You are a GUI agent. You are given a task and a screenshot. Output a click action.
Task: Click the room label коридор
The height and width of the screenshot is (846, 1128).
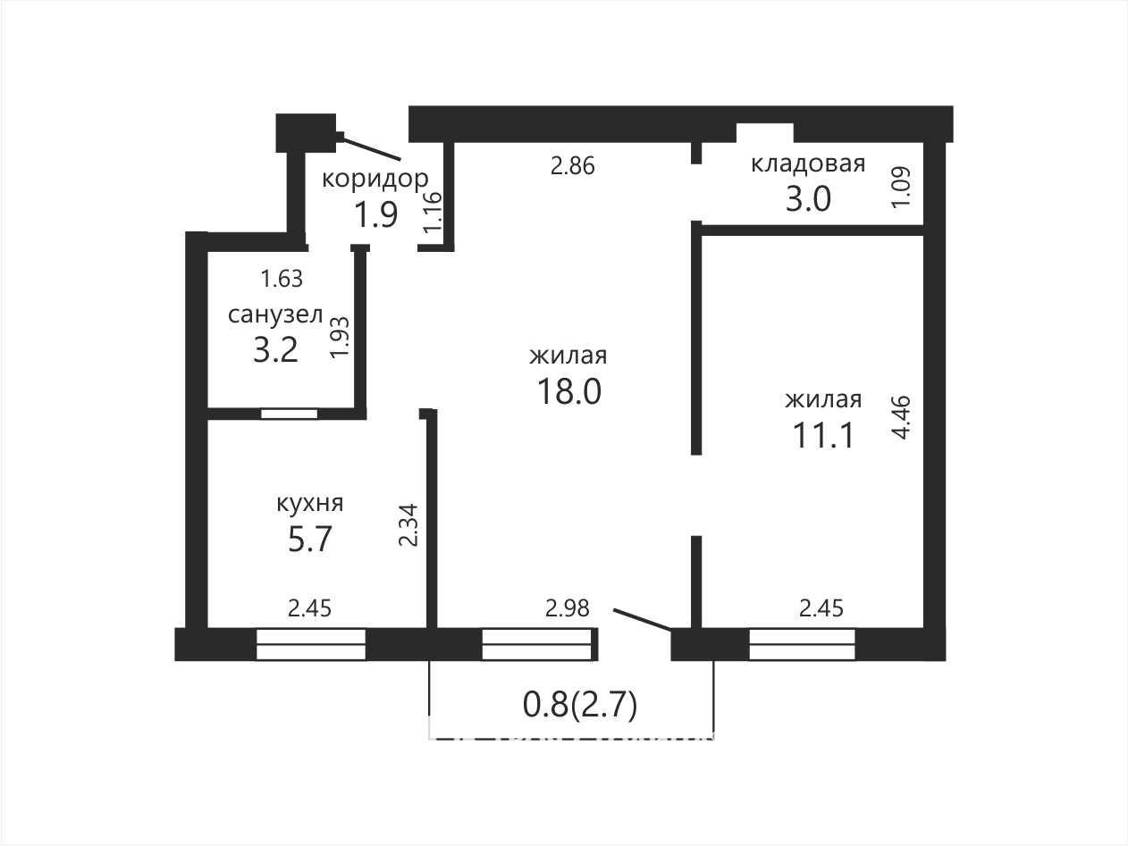375,180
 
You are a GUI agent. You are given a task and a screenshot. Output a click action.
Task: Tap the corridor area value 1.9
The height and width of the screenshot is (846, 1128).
376,214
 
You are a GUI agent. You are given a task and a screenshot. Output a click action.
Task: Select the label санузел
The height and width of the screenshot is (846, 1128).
275,314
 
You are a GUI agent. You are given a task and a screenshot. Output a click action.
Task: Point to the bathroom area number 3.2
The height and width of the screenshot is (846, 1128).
275,350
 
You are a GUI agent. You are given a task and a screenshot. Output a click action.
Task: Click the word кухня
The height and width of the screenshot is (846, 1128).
310,503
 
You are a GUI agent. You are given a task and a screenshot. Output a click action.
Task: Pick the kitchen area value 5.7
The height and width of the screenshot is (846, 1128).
310,540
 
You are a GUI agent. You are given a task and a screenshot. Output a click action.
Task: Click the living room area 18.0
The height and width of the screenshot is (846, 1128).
568,391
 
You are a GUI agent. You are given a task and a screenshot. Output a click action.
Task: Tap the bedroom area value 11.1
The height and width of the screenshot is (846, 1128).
823,435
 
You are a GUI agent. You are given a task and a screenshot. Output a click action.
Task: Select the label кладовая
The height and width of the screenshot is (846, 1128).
808,163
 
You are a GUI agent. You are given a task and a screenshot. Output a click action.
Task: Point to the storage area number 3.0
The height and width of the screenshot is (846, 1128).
808,199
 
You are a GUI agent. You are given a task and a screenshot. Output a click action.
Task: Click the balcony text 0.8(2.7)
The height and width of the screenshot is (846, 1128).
580,704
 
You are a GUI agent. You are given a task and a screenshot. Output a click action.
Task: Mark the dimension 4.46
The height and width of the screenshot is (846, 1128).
901,416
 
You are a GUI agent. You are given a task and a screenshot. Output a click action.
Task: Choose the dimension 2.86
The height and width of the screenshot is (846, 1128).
572,166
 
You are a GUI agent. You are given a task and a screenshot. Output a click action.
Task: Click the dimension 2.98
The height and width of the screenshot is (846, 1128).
568,608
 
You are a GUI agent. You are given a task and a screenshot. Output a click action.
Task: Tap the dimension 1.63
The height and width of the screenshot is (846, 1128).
282,279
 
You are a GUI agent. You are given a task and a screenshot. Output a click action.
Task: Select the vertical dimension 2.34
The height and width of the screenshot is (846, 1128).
409,525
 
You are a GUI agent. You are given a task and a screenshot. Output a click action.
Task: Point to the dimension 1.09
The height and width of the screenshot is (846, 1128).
901,187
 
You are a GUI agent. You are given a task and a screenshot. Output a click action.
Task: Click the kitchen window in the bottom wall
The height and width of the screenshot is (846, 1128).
311,644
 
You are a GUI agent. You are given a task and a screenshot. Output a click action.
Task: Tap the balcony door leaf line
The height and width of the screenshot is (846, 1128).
643,619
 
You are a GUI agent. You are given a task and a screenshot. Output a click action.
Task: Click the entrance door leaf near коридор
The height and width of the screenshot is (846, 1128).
371,148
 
